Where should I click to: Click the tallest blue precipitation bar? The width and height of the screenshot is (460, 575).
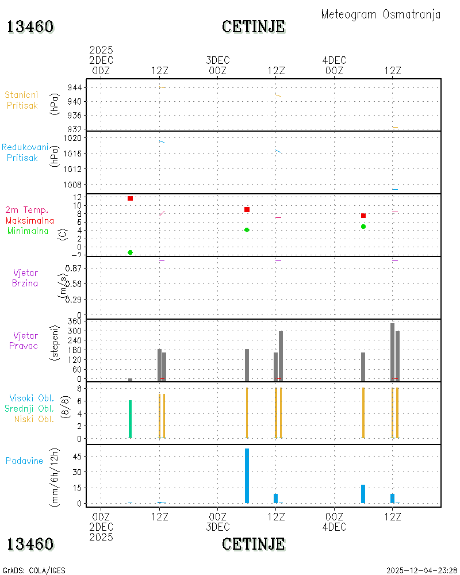tap(247, 476)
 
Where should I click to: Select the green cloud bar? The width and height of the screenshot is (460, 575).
tap(130, 419)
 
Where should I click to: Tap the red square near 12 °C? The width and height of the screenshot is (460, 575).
tap(130, 198)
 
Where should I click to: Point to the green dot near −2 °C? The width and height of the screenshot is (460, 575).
tap(130, 252)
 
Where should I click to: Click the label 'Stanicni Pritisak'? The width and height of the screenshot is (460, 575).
tap(22, 100)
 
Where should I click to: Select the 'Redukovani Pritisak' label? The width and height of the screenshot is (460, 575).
tap(25, 152)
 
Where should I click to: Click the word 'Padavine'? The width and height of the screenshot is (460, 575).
tap(24, 461)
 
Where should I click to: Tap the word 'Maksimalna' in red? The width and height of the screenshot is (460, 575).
tap(30, 221)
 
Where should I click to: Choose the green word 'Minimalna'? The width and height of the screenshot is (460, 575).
tap(28, 231)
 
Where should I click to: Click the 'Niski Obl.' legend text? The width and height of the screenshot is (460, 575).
tap(34, 419)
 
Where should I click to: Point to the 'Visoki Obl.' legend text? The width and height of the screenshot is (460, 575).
tap(32, 398)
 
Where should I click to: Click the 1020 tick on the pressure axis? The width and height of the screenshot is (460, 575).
tap(72, 138)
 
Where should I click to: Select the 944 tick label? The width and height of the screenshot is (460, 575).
tap(75, 87)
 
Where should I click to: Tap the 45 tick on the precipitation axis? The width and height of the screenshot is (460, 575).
tap(77, 457)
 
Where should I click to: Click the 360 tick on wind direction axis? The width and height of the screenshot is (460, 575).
tap(75, 321)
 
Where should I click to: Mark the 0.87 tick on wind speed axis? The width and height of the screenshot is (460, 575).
tap(74, 268)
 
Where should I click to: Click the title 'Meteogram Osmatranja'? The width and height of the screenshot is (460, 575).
tap(381, 15)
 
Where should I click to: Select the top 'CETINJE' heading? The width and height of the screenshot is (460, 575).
tap(254, 27)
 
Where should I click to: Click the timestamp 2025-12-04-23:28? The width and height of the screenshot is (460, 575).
tap(421, 570)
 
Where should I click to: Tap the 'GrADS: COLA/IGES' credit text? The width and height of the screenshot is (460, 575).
tap(34, 570)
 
